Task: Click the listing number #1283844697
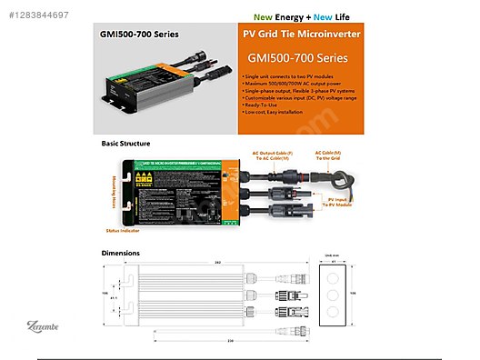(35, 8)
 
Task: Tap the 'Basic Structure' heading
(126, 144)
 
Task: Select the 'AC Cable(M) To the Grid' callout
(328, 155)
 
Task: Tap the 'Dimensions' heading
(122, 252)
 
